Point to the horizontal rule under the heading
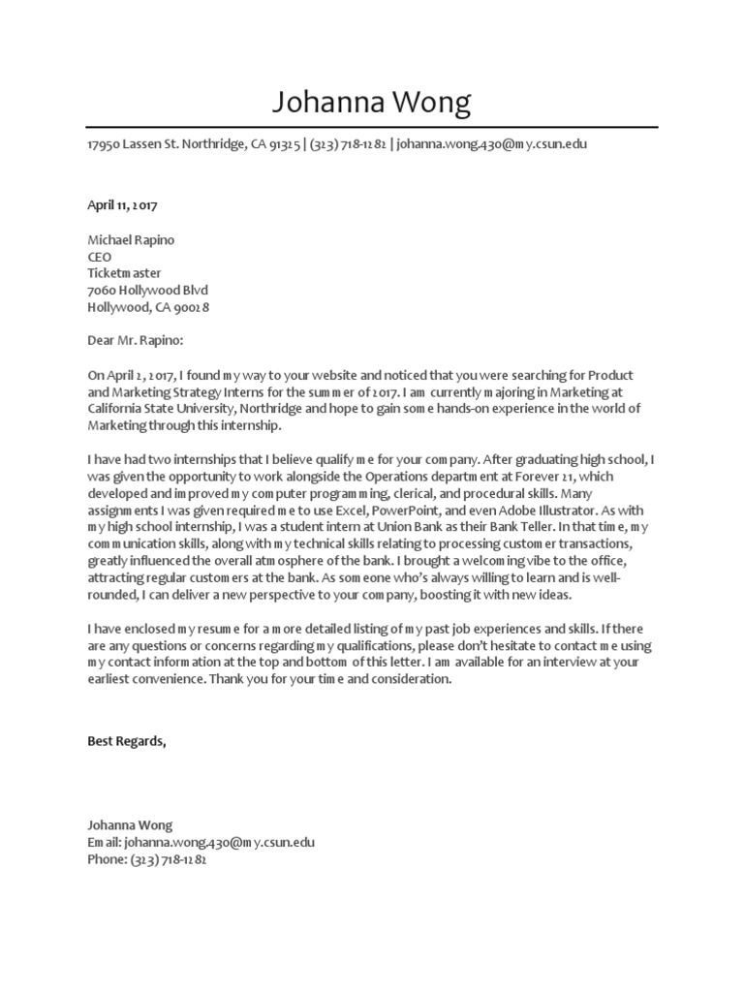tap(372, 127)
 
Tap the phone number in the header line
tap(348, 144)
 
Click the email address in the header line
tap(491, 144)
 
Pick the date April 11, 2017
tap(122, 205)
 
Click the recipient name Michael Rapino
tap(131, 239)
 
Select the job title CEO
tap(100, 257)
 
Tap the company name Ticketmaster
tap(124, 273)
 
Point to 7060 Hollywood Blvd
tap(147, 291)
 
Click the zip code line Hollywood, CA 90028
tap(148, 307)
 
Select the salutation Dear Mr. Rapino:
tap(135, 341)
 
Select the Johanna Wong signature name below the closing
tap(130, 825)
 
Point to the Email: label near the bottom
tap(105, 842)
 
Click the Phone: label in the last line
tap(107, 859)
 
